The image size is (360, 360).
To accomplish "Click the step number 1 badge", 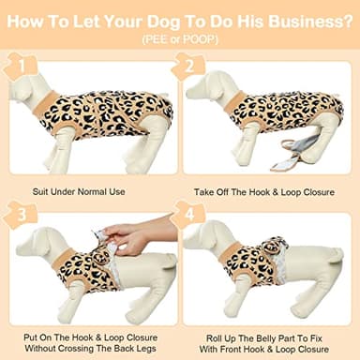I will [14, 68].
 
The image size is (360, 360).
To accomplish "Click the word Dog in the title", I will [170, 22].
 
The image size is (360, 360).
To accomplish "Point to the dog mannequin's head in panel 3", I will [33, 238].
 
